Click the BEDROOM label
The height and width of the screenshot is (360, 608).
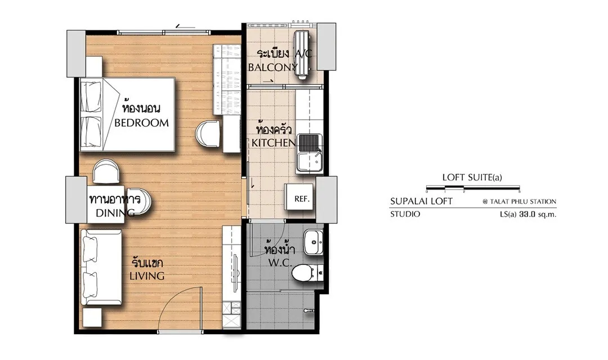[x=141, y=123]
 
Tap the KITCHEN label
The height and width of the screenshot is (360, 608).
[x=274, y=143]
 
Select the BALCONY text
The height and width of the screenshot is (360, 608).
[x=272, y=67]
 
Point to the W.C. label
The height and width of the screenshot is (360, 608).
[x=280, y=263]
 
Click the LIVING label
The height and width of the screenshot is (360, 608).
[x=146, y=276]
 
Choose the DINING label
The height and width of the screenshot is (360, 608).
[x=115, y=213]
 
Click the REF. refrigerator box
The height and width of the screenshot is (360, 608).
[x=301, y=199]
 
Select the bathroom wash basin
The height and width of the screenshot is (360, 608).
[x=314, y=242]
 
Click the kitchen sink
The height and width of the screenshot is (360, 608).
[x=309, y=154]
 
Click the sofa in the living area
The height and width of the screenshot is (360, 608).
[x=101, y=267]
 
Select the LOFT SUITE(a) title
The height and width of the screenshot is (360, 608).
[x=472, y=178]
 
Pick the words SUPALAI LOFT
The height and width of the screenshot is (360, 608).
[x=421, y=201]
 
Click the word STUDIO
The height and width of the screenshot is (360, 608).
[x=405, y=214]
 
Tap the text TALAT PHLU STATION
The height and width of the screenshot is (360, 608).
[x=523, y=201]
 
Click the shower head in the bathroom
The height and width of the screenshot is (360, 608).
[x=309, y=310]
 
